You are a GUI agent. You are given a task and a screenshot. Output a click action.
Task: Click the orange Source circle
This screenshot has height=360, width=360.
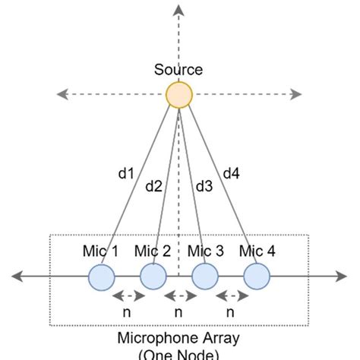click(x=179, y=95)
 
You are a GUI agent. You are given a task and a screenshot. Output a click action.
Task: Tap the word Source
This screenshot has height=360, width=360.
click(x=178, y=70)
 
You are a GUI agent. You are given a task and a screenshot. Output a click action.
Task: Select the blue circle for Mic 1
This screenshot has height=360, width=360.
click(x=101, y=276)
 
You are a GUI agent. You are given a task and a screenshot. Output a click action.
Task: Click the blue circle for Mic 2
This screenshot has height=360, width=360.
click(x=153, y=276)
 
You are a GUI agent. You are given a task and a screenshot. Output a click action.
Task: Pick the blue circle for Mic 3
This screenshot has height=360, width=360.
click(x=204, y=276)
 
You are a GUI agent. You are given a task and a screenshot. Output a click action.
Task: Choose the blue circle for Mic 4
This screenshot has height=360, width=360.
click(x=257, y=276)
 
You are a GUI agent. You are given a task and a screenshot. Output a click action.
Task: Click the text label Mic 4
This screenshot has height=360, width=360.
click(x=257, y=251)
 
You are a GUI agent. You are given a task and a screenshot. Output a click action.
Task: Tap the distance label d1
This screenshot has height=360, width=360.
click(x=125, y=174)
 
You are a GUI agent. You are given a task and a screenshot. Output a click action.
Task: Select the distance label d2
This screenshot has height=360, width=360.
click(x=154, y=185)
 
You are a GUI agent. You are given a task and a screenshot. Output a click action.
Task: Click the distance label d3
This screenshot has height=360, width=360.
click(x=204, y=185)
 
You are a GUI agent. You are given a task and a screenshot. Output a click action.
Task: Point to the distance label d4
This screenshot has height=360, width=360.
click(x=231, y=174)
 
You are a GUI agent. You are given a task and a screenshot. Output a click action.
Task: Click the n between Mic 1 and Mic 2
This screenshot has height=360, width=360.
click(x=127, y=311)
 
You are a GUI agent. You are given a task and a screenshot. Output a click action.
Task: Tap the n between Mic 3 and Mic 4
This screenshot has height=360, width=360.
click(x=230, y=311)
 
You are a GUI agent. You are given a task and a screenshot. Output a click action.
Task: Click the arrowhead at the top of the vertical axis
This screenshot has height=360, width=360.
click(x=178, y=10)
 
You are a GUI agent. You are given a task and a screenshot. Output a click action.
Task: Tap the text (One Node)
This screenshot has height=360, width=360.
click(x=179, y=354)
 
